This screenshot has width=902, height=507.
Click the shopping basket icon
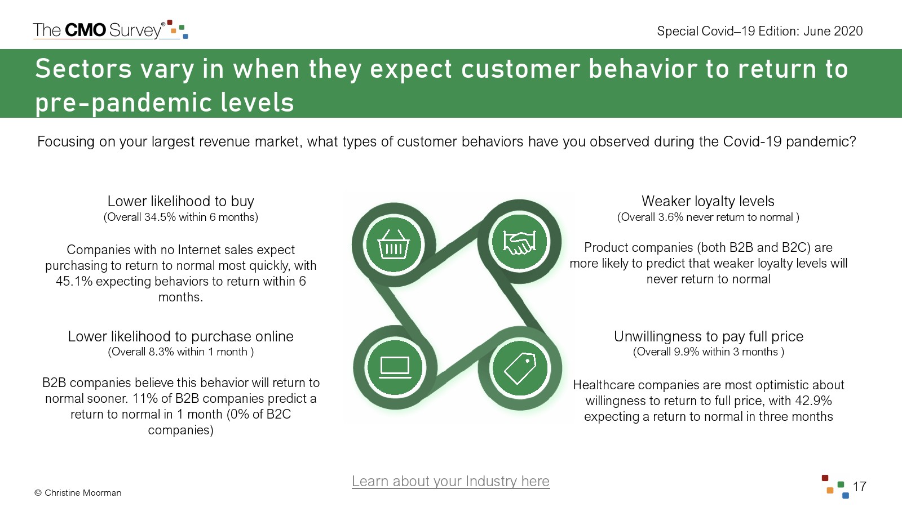(x=393, y=244)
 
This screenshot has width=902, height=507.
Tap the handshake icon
(x=519, y=243)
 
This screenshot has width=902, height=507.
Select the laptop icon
(x=395, y=367)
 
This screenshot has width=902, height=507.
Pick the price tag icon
(x=520, y=368)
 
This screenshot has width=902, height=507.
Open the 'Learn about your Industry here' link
(x=450, y=481)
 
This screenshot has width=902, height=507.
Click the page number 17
(x=859, y=487)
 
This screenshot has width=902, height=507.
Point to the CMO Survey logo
(x=110, y=30)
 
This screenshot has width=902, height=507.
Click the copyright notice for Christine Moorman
(x=78, y=492)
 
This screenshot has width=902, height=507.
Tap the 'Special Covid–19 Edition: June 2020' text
(x=760, y=31)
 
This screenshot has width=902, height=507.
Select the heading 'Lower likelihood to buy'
(x=181, y=201)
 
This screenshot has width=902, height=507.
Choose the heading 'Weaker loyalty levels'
(x=708, y=201)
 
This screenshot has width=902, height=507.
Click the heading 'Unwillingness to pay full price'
(x=708, y=336)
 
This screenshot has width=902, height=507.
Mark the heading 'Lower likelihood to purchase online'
(x=180, y=336)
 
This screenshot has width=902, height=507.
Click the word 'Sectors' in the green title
(x=83, y=68)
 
